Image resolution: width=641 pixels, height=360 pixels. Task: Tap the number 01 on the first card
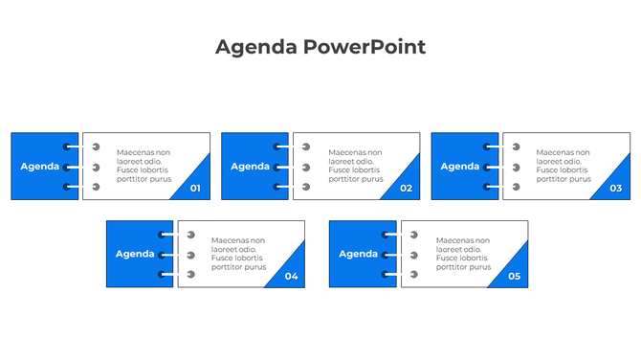point(195,189)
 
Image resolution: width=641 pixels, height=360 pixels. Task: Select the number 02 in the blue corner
point(406,189)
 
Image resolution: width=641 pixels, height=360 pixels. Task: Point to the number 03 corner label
point(615,189)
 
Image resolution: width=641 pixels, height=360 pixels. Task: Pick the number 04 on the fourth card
point(291,277)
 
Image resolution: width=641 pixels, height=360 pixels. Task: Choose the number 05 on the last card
point(514,277)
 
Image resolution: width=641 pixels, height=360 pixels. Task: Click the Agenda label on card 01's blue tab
point(39,167)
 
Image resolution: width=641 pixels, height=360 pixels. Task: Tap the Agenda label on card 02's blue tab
point(250,167)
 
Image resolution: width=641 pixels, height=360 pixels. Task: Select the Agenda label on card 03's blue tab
point(459,167)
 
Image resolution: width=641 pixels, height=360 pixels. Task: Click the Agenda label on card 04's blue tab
point(135,255)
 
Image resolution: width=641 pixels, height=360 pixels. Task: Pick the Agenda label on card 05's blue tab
point(358,255)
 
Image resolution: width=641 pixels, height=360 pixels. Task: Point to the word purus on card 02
point(371,179)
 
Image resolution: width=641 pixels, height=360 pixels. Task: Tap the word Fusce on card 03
point(547,170)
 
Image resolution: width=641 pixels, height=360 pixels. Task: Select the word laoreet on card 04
point(225,249)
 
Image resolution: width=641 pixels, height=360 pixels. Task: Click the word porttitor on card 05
point(453,267)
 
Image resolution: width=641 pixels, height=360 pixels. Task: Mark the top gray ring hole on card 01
point(95,147)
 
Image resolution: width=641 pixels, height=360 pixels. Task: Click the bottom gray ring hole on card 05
point(413,275)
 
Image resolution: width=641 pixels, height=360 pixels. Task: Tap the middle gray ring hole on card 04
point(190,256)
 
